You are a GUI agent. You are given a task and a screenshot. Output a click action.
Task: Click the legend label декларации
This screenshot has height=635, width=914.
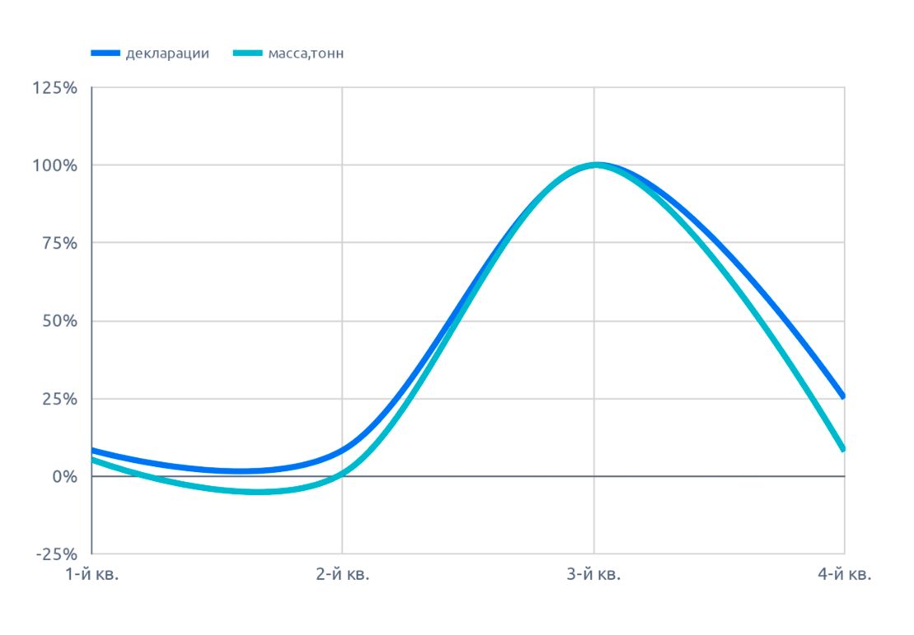(167, 53)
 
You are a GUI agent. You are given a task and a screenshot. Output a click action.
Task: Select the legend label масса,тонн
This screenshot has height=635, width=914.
(305, 53)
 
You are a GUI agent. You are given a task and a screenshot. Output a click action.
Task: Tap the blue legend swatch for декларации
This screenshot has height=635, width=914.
(105, 53)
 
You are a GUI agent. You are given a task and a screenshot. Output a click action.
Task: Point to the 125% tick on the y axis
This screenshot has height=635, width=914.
(55, 88)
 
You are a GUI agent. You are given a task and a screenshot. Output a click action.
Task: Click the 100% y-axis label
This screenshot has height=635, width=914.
(55, 165)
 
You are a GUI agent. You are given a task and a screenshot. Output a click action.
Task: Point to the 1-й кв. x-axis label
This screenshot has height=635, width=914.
(92, 576)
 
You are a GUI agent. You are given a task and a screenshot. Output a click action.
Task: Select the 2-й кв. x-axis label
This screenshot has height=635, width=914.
(343, 576)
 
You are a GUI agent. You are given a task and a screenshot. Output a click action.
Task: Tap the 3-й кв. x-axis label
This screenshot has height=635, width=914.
(594, 576)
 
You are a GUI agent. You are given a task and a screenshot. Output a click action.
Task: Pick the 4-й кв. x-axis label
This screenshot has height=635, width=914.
(844, 576)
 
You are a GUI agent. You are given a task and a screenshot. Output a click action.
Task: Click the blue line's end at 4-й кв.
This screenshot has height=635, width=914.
(843, 396)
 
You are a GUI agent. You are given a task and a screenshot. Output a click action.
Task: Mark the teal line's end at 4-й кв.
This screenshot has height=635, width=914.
(843, 449)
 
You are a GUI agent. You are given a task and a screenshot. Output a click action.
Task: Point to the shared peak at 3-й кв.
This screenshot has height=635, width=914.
(595, 165)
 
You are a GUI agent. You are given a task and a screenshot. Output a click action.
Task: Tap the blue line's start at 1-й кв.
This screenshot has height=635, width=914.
(93, 450)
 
